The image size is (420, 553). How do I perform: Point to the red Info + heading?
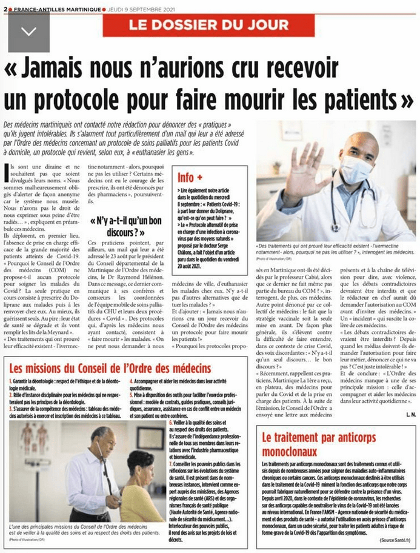click(190, 178)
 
